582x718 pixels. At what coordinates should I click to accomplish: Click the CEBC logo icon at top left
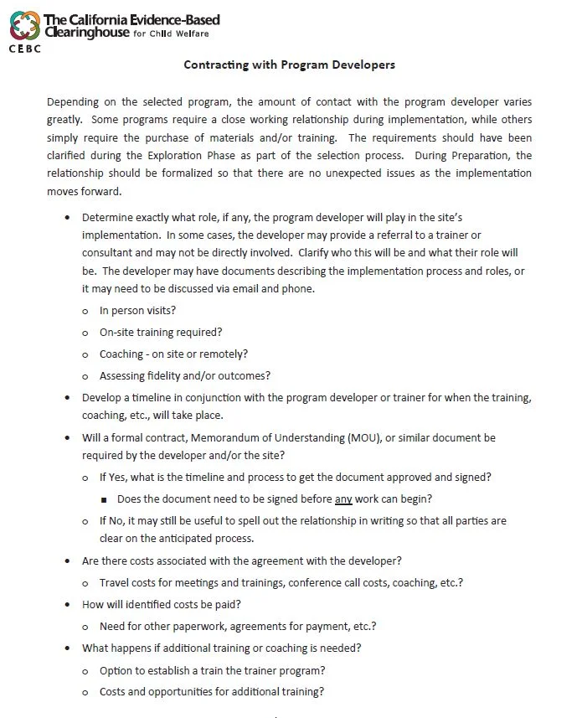[24, 24]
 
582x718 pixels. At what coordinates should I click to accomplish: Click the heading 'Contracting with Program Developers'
[289, 65]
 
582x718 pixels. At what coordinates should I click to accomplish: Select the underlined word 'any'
[343, 498]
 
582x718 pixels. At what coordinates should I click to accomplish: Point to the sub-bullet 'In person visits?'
[137, 310]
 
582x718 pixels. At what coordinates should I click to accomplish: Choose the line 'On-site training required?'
[161, 332]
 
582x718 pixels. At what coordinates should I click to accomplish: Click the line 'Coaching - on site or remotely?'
[173, 354]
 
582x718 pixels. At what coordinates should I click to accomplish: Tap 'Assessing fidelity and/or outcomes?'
[184, 375]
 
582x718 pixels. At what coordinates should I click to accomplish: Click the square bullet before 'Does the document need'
[104, 499]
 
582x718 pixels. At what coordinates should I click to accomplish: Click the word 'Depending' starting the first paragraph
[73, 101]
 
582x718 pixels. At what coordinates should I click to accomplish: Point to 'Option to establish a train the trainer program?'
[212, 670]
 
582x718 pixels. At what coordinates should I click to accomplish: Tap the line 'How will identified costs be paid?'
[165, 603]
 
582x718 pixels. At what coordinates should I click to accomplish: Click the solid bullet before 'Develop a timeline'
[68, 397]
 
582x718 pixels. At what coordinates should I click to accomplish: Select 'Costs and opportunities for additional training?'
[211, 692]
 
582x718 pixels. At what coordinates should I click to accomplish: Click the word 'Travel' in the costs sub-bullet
[114, 581]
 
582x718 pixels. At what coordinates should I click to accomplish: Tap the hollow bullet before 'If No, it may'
[86, 521]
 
